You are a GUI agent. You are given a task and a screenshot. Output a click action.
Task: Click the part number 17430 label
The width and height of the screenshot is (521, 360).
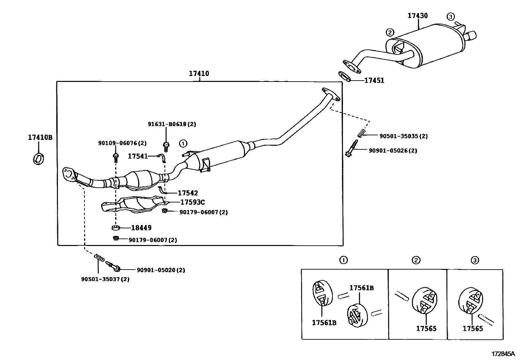(x=418, y=15)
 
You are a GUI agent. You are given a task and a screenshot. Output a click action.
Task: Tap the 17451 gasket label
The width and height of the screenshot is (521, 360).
(x=374, y=81)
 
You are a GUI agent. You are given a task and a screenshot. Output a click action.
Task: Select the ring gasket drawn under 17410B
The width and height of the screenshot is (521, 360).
(x=38, y=159)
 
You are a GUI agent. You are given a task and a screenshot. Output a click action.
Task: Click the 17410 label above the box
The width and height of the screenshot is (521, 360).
(x=199, y=74)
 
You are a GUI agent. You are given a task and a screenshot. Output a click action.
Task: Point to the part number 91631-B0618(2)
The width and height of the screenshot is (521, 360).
(x=172, y=124)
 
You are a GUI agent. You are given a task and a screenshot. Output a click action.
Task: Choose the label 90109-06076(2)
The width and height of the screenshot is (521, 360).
(x=122, y=143)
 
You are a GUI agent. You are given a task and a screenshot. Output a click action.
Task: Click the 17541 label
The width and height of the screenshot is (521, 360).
(x=138, y=157)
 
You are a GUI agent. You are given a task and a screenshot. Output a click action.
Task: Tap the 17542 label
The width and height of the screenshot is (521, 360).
(x=188, y=193)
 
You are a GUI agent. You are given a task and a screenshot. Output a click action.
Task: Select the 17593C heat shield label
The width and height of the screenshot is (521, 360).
(x=192, y=202)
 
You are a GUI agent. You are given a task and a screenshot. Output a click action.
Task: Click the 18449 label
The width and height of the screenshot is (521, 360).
(x=141, y=228)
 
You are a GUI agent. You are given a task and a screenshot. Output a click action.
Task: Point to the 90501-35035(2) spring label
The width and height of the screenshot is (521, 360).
(x=403, y=136)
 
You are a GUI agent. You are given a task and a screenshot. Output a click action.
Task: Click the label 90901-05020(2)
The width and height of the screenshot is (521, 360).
(x=161, y=270)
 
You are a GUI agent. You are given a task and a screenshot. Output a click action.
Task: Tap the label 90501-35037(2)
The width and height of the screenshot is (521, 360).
(x=105, y=279)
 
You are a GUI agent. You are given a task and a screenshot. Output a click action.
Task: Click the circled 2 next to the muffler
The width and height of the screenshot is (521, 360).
(x=389, y=32)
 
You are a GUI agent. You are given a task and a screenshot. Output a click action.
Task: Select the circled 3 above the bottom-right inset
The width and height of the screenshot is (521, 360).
(x=475, y=260)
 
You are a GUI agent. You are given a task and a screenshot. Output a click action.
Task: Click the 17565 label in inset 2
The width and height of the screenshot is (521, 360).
(x=426, y=329)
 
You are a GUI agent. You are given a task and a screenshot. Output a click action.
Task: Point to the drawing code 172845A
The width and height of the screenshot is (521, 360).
(x=503, y=354)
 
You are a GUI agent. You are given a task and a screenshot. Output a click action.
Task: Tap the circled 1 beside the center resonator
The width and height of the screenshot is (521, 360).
(x=183, y=143)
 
